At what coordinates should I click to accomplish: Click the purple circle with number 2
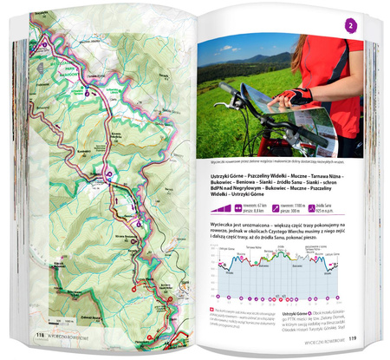coord(350,27)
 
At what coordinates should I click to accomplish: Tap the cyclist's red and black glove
coord(300,95)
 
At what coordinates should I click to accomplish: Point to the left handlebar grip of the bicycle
coord(226,88)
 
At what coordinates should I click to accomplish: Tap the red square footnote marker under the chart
coord(212,308)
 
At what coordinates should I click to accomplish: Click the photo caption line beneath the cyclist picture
coord(269,161)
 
